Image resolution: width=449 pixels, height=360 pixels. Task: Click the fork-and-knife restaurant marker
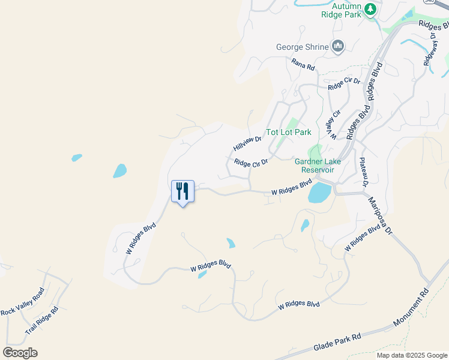click(183, 191)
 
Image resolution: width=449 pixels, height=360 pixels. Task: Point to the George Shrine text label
click(302, 47)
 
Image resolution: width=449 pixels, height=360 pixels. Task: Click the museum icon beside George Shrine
click(337, 46)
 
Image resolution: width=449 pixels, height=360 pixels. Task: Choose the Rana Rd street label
click(303, 64)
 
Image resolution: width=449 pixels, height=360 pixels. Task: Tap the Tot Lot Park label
click(289, 132)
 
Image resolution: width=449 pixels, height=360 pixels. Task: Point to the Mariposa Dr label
click(380, 215)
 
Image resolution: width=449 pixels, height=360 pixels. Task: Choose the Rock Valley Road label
click(22, 302)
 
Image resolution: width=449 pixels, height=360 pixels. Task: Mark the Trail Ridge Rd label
click(41, 321)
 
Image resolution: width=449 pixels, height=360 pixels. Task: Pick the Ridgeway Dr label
click(430, 49)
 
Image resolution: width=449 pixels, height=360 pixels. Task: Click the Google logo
click(20, 353)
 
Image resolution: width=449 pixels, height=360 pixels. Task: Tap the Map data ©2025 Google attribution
click(411, 355)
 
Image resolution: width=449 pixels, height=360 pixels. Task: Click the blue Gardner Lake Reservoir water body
click(319, 193)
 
